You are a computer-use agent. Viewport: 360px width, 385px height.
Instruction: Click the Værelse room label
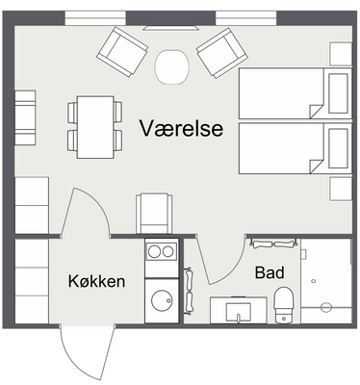181,128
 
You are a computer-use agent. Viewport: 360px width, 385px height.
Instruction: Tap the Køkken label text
96,281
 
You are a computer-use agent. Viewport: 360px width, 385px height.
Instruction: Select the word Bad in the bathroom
270,272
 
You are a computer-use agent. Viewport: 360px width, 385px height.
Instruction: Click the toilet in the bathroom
284,305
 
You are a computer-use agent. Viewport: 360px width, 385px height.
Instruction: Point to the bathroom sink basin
238,312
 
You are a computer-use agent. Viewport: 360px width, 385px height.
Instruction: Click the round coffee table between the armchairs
172,66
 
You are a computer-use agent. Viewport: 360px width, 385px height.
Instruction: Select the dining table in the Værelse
95,127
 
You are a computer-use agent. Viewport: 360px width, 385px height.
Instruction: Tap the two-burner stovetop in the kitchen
161,251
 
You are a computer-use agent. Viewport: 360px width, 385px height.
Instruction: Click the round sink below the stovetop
162,300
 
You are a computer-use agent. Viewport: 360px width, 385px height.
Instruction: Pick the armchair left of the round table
122,52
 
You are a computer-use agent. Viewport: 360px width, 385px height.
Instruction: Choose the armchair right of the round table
222,53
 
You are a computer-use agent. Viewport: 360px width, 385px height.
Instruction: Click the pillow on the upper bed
338,93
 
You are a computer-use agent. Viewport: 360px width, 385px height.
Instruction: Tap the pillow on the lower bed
338,148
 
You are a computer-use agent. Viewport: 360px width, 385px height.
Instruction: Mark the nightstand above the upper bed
341,54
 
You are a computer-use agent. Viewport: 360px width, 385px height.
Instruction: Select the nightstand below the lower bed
341,189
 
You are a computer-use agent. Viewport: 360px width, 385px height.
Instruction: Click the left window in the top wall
95,17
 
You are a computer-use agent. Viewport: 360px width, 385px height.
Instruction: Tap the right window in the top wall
246,17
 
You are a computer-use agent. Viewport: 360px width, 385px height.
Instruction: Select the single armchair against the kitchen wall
154,214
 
